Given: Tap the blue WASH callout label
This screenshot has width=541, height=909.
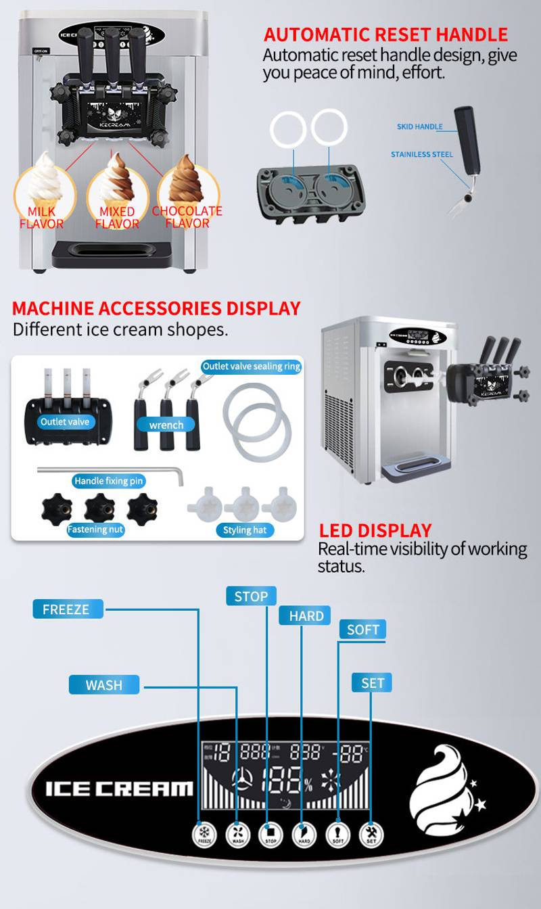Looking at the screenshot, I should (x=104, y=684).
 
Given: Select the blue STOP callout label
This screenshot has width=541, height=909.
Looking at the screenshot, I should (x=251, y=596).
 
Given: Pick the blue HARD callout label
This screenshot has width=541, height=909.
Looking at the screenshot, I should (x=305, y=615).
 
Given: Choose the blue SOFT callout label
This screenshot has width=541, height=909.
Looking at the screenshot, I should (x=362, y=630).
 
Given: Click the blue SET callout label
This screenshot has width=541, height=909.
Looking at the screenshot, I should (x=372, y=682).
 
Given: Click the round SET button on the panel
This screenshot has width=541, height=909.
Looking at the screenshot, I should (x=371, y=834).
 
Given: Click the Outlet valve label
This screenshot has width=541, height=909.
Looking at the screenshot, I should (x=65, y=421).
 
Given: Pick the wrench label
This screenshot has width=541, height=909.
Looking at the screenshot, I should (x=166, y=425).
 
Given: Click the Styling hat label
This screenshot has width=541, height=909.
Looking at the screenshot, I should (x=245, y=530).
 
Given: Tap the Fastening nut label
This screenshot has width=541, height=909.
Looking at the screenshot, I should (x=95, y=529).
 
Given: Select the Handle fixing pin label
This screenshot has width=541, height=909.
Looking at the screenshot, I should (x=110, y=481).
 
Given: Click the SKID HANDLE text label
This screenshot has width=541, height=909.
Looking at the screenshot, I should (x=419, y=126).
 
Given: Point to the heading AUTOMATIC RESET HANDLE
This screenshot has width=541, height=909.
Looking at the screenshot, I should (x=385, y=34).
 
